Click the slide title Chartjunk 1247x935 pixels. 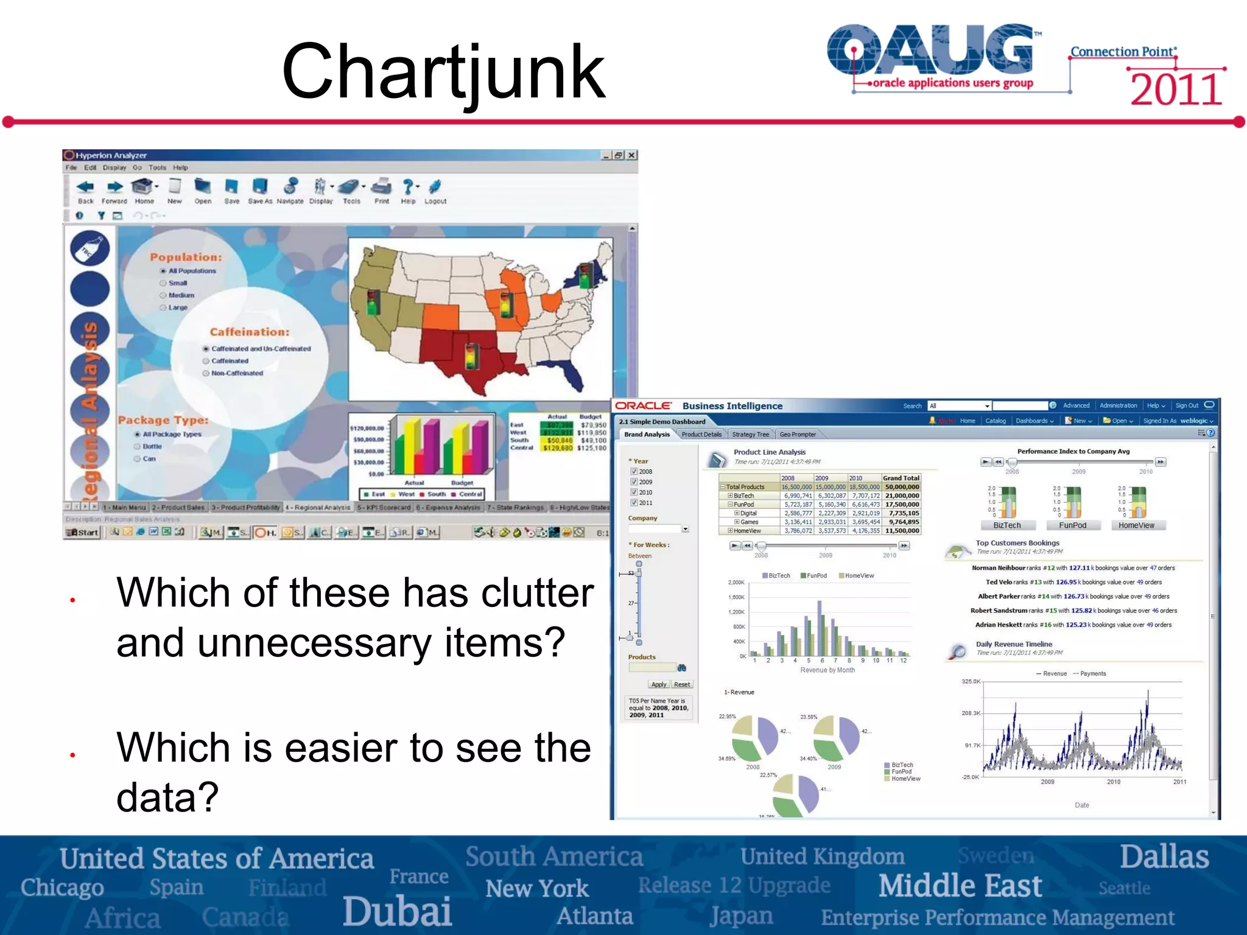443,72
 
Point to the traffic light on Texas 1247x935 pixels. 471,356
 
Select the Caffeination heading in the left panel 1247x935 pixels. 250,332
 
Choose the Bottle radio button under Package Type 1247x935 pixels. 138,446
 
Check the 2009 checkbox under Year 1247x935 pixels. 634,482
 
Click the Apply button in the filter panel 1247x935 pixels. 658,684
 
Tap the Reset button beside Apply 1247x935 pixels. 682,684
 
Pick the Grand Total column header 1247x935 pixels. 901,478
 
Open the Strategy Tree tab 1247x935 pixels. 750,435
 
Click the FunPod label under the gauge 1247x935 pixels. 1072,525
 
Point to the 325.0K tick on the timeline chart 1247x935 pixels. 971,681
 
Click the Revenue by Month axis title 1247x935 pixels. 827,670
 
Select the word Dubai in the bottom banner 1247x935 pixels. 397,911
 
